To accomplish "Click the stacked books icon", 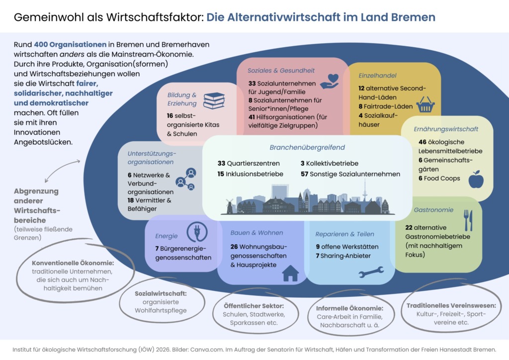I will pos(214,100).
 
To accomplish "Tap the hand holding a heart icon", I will pos(329,81).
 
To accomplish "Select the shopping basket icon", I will pos(425,105).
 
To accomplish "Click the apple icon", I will pos(476,180).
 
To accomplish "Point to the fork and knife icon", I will pos(468,220).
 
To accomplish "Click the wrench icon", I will pos(371,271).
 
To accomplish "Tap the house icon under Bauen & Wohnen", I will pos(290,273).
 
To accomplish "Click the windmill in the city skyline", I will pos(230,206).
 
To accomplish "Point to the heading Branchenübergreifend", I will pos(307,148).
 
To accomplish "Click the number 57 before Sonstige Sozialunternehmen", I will pos(304,174).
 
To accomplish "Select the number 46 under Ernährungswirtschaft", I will pos(423,142).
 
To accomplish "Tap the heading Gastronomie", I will pos(433,210).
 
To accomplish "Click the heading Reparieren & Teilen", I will pos(344,234).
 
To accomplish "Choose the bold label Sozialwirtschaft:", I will pos(161,293).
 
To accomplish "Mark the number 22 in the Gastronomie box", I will pos(410,227).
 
